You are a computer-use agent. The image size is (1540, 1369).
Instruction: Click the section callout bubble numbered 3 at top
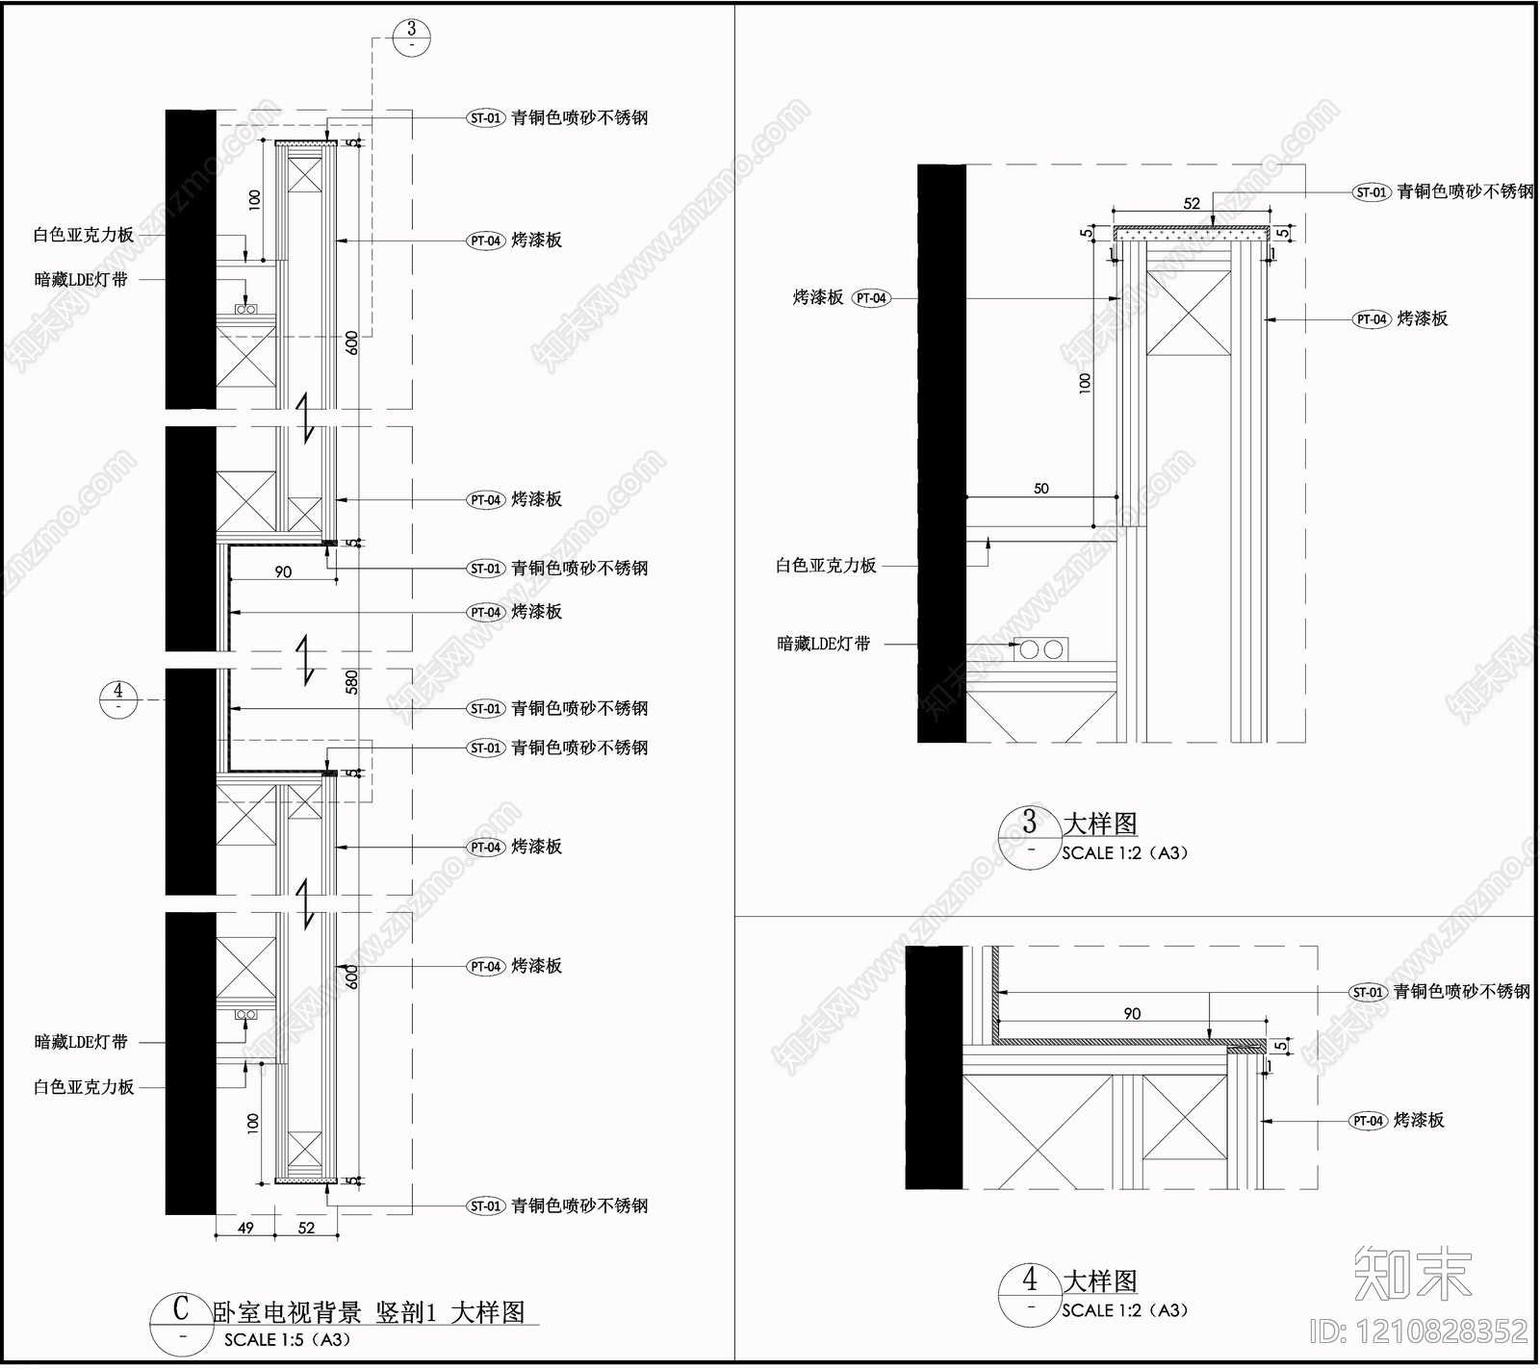[x=412, y=38]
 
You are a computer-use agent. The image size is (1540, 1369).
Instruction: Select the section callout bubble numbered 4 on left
[x=118, y=699]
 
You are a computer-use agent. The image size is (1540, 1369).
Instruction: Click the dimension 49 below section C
[x=245, y=1228]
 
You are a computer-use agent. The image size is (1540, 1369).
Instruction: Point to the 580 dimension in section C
[x=352, y=682]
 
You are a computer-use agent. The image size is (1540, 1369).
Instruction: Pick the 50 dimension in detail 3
[x=1041, y=489]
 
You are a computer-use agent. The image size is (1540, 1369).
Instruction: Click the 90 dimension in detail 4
[x=1132, y=1014]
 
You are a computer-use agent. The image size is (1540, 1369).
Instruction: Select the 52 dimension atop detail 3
[x=1192, y=204]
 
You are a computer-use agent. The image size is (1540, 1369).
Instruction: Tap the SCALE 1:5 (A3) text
[x=288, y=1339]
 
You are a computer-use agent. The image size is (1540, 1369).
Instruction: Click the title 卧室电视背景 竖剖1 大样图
[x=369, y=1312]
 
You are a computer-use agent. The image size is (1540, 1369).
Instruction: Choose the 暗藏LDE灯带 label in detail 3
[x=824, y=644]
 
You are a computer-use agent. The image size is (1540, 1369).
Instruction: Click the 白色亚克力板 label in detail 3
[x=826, y=566]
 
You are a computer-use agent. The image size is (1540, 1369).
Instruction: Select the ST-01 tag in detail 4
[x=1368, y=992]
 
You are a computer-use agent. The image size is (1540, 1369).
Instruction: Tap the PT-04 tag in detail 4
[x=1368, y=1121]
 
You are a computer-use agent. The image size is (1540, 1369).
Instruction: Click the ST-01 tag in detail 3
[x=1372, y=192]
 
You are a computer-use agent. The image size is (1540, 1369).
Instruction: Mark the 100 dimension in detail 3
[x=1086, y=382]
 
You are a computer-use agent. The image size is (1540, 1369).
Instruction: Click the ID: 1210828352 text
[x=1419, y=1331]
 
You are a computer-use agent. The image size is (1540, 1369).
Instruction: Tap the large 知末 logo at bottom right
[x=1412, y=1273]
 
